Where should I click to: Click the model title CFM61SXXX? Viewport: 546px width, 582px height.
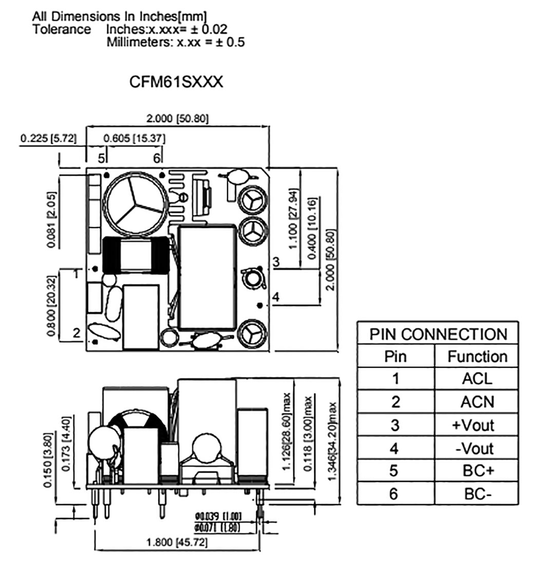[x=176, y=82]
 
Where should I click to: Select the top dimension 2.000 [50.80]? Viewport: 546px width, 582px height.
[x=178, y=119]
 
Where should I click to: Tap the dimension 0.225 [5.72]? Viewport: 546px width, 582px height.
[x=48, y=139]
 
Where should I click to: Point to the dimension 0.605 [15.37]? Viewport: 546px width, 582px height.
[x=134, y=139]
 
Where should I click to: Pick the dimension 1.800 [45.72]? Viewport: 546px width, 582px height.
[x=177, y=542]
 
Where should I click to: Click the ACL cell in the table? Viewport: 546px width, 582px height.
[x=476, y=379]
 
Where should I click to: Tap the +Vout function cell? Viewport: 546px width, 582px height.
[x=476, y=425]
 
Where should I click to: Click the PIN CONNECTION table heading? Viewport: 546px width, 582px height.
[x=438, y=334]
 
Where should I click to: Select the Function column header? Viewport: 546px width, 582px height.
[x=477, y=356]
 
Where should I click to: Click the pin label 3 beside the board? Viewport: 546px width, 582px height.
[x=276, y=262]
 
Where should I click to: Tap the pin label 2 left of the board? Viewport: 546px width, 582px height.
[x=76, y=333]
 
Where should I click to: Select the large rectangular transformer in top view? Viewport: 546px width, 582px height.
[x=208, y=277]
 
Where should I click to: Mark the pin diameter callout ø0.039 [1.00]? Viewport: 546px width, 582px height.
[x=218, y=516]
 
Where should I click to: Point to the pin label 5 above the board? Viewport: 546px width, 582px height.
[x=102, y=157]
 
